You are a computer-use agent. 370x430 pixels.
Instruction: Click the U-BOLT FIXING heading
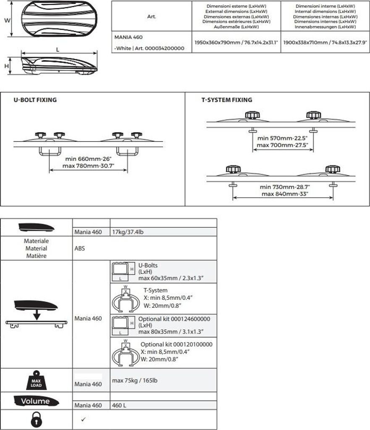pos(35,100)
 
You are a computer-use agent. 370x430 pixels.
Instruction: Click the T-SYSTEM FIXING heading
pos(227,100)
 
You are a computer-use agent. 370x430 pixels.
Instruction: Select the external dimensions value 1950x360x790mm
pos(236,42)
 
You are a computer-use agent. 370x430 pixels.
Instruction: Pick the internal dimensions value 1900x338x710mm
pos(325,42)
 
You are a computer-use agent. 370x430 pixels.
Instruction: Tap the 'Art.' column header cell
pos(152,17)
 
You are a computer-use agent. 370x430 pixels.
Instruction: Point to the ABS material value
pos(79,248)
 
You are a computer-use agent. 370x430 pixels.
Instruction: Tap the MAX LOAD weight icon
pos(37,380)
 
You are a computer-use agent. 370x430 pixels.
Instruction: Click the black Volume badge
pos(36,401)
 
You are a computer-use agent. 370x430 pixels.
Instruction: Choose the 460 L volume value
pos(120,405)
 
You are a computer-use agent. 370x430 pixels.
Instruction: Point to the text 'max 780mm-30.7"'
pos(89,166)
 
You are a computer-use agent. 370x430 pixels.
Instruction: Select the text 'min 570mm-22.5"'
pos(283,138)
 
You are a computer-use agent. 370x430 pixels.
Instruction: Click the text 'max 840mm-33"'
pos(285,194)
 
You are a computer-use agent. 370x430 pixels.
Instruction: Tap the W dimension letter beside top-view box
pos(7,20)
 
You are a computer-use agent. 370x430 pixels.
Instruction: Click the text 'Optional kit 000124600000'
pos(174,319)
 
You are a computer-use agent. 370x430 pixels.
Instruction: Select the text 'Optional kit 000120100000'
pos(176,344)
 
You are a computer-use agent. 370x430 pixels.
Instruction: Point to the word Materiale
pos(37,241)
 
